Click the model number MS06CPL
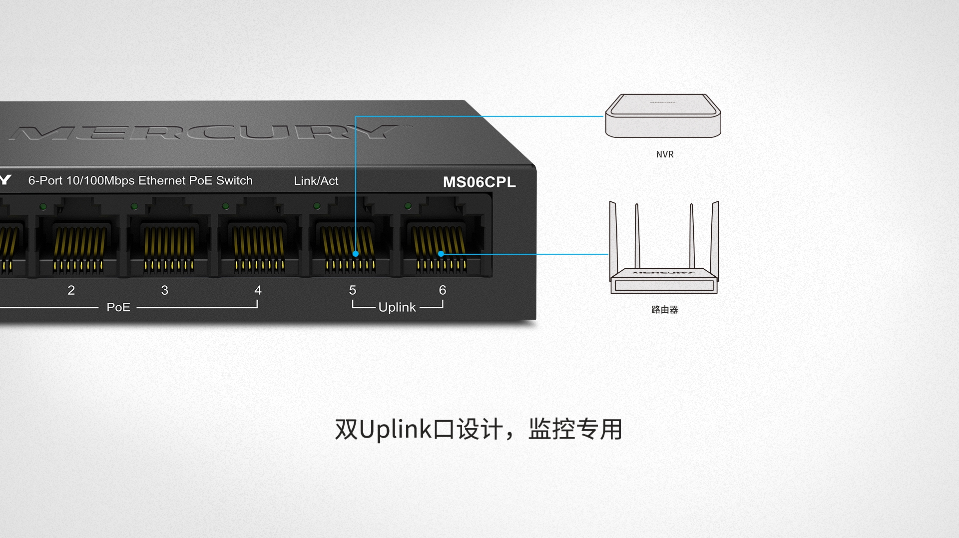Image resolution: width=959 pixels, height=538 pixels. click(x=479, y=182)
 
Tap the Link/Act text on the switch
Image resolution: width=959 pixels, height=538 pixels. click(x=316, y=181)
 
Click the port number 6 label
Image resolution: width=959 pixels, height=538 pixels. click(x=443, y=290)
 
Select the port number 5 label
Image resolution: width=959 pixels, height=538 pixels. click(x=353, y=290)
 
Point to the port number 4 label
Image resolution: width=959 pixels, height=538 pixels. click(x=258, y=290)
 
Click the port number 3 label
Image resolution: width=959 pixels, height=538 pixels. click(x=165, y=290)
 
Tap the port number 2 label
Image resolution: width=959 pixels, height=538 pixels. click(x=71, y=290)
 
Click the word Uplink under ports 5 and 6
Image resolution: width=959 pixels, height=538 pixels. click(x=397, y=307)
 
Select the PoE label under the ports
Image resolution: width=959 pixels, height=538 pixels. click(x=118, y=307)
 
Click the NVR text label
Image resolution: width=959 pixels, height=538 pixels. click(x=665, y=154)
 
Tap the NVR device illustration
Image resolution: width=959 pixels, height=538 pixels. click(x=663, y=116)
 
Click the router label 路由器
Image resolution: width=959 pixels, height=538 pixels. click(x=665, y=310)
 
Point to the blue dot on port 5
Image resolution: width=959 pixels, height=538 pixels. click(x=356, y=254)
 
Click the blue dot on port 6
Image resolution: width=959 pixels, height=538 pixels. click(x=441, y=254)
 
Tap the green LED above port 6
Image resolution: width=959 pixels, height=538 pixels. click(x=408, y=206)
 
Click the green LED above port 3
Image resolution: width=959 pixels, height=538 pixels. click(x=134, y=206)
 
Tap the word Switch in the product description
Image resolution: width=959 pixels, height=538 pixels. click(x=234, y=180)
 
